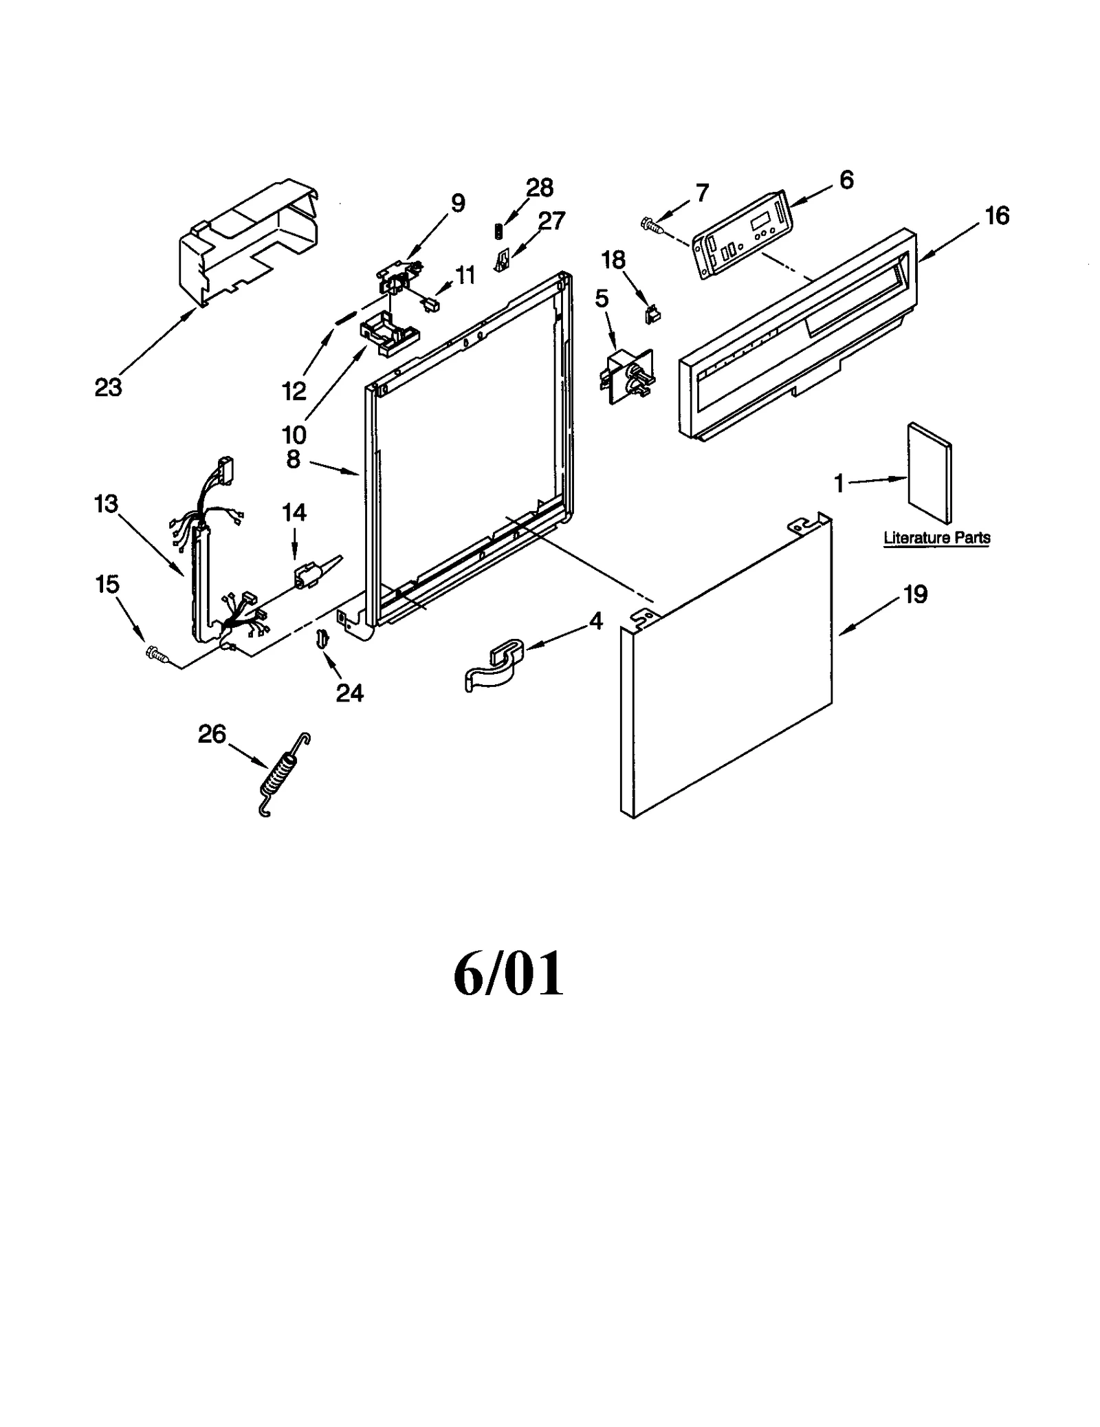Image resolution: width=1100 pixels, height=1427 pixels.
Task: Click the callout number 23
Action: [108, 387]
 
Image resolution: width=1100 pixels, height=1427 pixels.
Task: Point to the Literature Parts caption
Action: [936, 538]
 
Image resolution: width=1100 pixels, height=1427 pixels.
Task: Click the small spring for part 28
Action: [499, 232]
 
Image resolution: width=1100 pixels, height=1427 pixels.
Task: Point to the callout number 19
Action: [915, 593]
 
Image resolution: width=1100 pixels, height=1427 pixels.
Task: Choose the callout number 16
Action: [997, 216]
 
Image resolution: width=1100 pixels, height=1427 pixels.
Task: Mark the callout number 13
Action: [107, 504]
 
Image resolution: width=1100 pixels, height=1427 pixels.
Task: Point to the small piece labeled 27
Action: [503, 260]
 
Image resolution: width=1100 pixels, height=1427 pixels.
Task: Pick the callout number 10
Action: [294, 434]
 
